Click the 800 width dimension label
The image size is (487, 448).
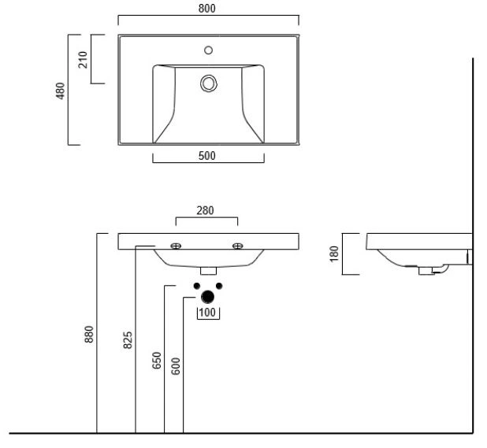206,9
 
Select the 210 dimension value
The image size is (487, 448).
83,60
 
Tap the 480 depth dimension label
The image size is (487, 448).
60,91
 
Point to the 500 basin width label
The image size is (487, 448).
206,156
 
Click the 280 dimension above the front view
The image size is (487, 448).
205,211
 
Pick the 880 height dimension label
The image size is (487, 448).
89,334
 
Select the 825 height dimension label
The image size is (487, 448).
128,340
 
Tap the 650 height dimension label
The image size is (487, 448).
157,361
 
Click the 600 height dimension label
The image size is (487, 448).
176,366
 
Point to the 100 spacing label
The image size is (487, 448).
207,313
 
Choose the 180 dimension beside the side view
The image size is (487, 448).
334,254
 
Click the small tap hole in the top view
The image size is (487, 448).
208,50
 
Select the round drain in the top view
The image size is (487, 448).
208,83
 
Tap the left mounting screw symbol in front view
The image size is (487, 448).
176,246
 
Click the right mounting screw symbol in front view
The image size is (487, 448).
238,246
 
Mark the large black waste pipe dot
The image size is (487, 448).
207,297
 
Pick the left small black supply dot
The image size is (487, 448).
196,286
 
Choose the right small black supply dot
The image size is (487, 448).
219,286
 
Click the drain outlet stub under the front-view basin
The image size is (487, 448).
208,271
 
